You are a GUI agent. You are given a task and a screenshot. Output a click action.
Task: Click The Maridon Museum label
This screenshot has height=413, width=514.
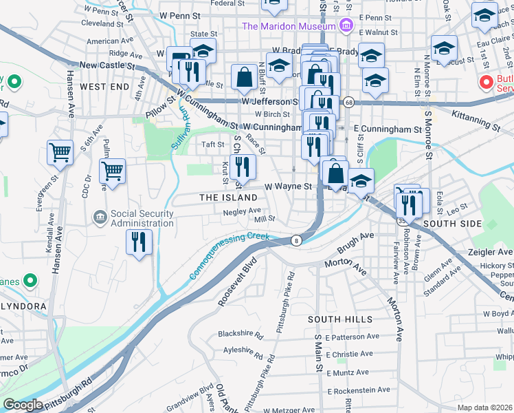(288, 27)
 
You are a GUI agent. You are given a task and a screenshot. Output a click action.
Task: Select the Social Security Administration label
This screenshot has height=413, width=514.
(142, 218)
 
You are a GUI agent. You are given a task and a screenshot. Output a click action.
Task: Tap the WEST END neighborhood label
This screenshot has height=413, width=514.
(104, 87)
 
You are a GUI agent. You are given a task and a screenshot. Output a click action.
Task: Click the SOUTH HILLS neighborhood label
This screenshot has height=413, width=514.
(340, 319)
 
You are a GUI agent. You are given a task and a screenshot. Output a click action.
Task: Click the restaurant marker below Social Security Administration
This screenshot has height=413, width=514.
(139, 242)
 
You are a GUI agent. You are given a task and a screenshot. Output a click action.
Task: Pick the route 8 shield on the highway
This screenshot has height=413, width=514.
(296, 240)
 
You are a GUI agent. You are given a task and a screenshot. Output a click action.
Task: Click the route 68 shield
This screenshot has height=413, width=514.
(349, 102)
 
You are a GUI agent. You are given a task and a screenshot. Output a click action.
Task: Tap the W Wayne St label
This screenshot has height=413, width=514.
(289, 186)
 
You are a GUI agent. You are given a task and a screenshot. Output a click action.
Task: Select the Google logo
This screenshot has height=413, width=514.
(22, 405)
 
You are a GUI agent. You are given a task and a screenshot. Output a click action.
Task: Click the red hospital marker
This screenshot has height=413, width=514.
(487, 83)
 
